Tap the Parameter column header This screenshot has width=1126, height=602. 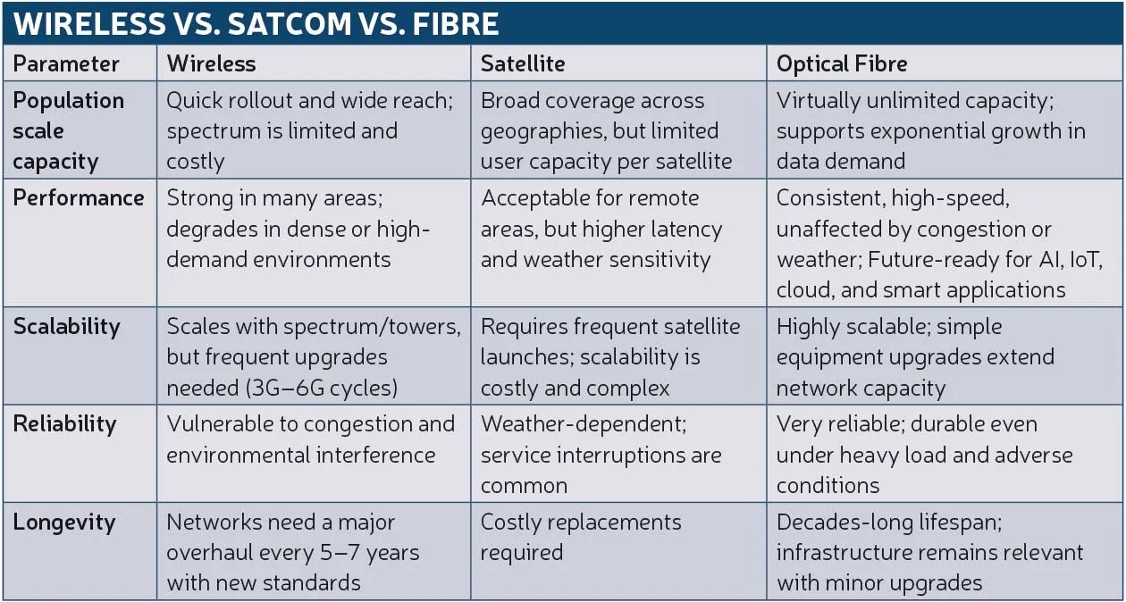click(x=66, y=64)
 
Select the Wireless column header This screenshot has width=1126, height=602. click(x=211, y=64)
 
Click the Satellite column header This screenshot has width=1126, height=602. click(x=523, y=64)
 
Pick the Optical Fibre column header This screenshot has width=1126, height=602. click(x=842, y=64)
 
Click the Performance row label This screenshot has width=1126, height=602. click(x=79, y=197)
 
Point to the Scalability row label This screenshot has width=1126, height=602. click(x=66, y=326)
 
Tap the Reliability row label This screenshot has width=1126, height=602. click(x=64, y=423)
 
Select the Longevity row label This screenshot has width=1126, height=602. click(x=64, y=522)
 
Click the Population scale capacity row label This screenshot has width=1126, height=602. click(x=68, y=130)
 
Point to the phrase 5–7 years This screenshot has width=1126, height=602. click(x=369, y=553)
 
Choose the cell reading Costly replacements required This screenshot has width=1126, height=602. click(x=581, y=537)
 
